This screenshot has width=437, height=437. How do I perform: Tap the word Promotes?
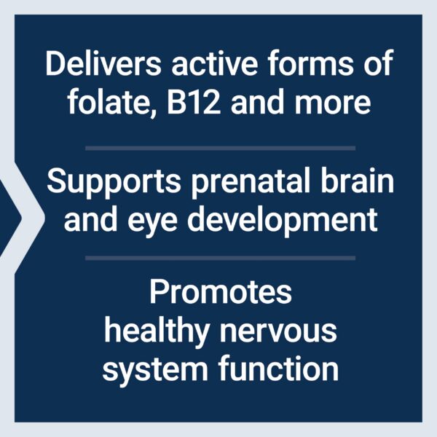(221, 293)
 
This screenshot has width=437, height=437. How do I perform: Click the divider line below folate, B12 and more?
(220, 148)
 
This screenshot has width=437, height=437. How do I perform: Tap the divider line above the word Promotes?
(220, 258)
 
